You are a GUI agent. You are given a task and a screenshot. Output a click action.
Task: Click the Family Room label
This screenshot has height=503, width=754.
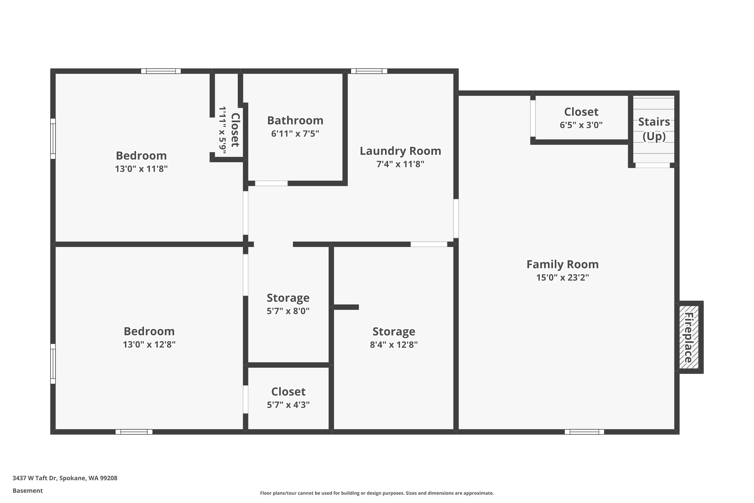pyautogui.click(x=562, y=264)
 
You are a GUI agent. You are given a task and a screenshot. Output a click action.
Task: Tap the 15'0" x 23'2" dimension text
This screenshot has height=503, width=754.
pyautogui.click(x=562, y=277)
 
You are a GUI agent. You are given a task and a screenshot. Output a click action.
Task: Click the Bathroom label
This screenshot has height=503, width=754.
pyautogui.click(x=295, y=121)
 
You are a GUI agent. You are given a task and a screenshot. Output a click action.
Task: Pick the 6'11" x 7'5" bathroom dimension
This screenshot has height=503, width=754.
pyautogui.click(x=295, y=134)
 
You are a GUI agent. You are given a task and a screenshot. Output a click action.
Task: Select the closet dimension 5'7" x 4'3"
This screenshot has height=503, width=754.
pyautogui.click(x=288, y=405)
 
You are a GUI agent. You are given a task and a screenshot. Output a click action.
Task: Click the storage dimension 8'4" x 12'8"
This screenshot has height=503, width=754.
pyautogui.click(x=394, y=345)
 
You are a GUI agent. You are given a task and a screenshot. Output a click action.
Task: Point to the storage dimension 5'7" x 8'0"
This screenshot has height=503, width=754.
pyautogui.click(x=288, y=311)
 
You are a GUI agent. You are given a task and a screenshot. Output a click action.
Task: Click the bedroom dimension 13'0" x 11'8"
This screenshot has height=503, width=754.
pyautogui.click(x=141, y=169)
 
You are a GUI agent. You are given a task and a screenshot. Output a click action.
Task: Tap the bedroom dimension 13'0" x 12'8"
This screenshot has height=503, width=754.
pyautogui.click(x=149, y=345)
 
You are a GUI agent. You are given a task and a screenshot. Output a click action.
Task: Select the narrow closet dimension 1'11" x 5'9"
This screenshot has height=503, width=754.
pyautogui.click(x=222, y=130)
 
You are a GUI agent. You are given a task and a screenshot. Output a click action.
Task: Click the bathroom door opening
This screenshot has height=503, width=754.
pyautogui.click(x=271, y=184)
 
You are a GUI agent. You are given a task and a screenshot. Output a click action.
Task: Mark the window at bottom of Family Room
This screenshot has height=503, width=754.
pyautogui.click(x=584, y=432)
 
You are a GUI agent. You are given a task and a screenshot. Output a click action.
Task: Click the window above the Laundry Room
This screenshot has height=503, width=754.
pyautogui.click(x=369, y=71)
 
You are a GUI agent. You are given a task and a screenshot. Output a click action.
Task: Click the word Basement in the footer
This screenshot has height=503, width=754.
pyautogui.click(x=28, y=490)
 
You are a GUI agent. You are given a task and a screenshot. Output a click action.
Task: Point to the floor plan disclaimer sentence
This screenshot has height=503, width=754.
pyautogui.click(x=377, y=493)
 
